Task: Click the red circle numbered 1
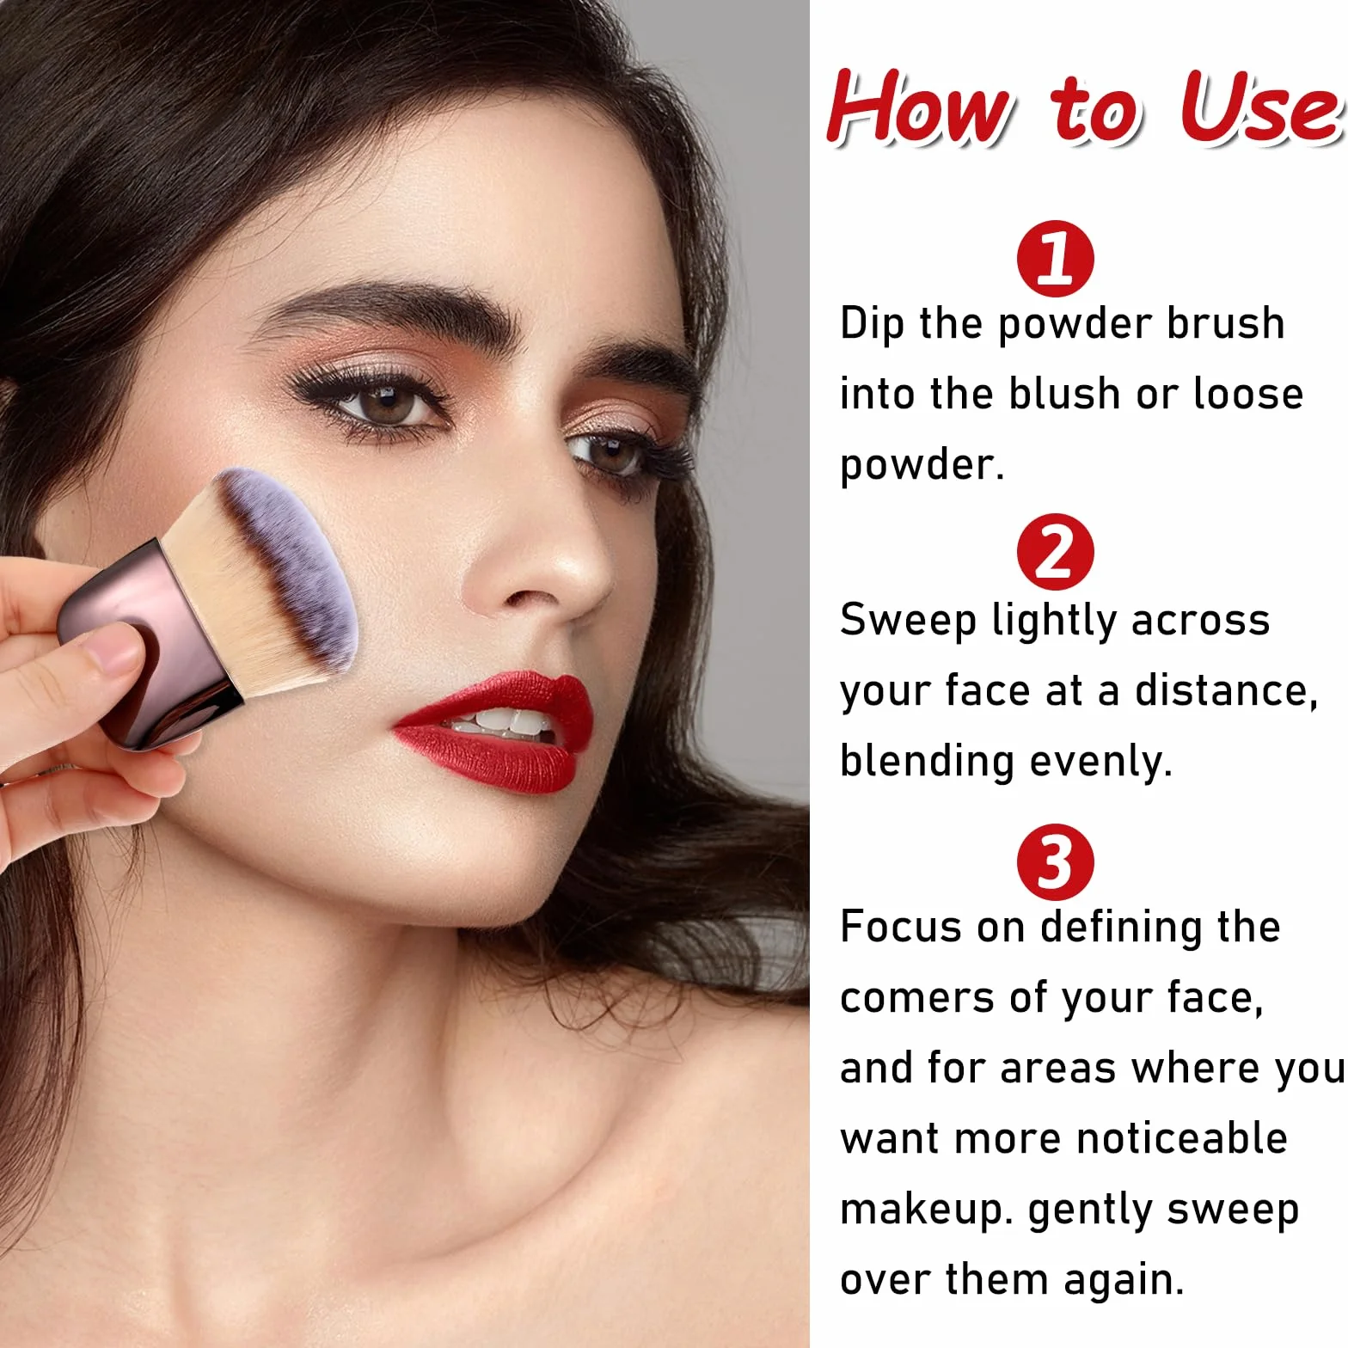click(x=1055, y=258)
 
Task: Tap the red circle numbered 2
click(x=1055, y=552)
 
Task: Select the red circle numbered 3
click(x=1055, y=862)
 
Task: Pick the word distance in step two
click(x=1226, y=691)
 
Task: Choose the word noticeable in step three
click(x=1182, y=1138)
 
